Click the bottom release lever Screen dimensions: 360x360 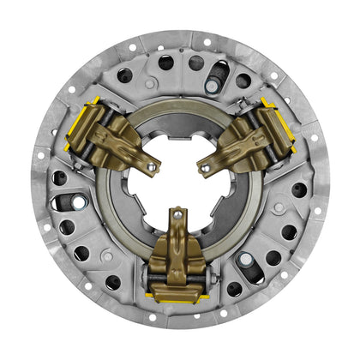(x=178, y=249)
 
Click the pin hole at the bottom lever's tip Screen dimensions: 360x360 (x=177, y=213)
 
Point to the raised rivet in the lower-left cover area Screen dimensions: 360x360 (x=104, y=258)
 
